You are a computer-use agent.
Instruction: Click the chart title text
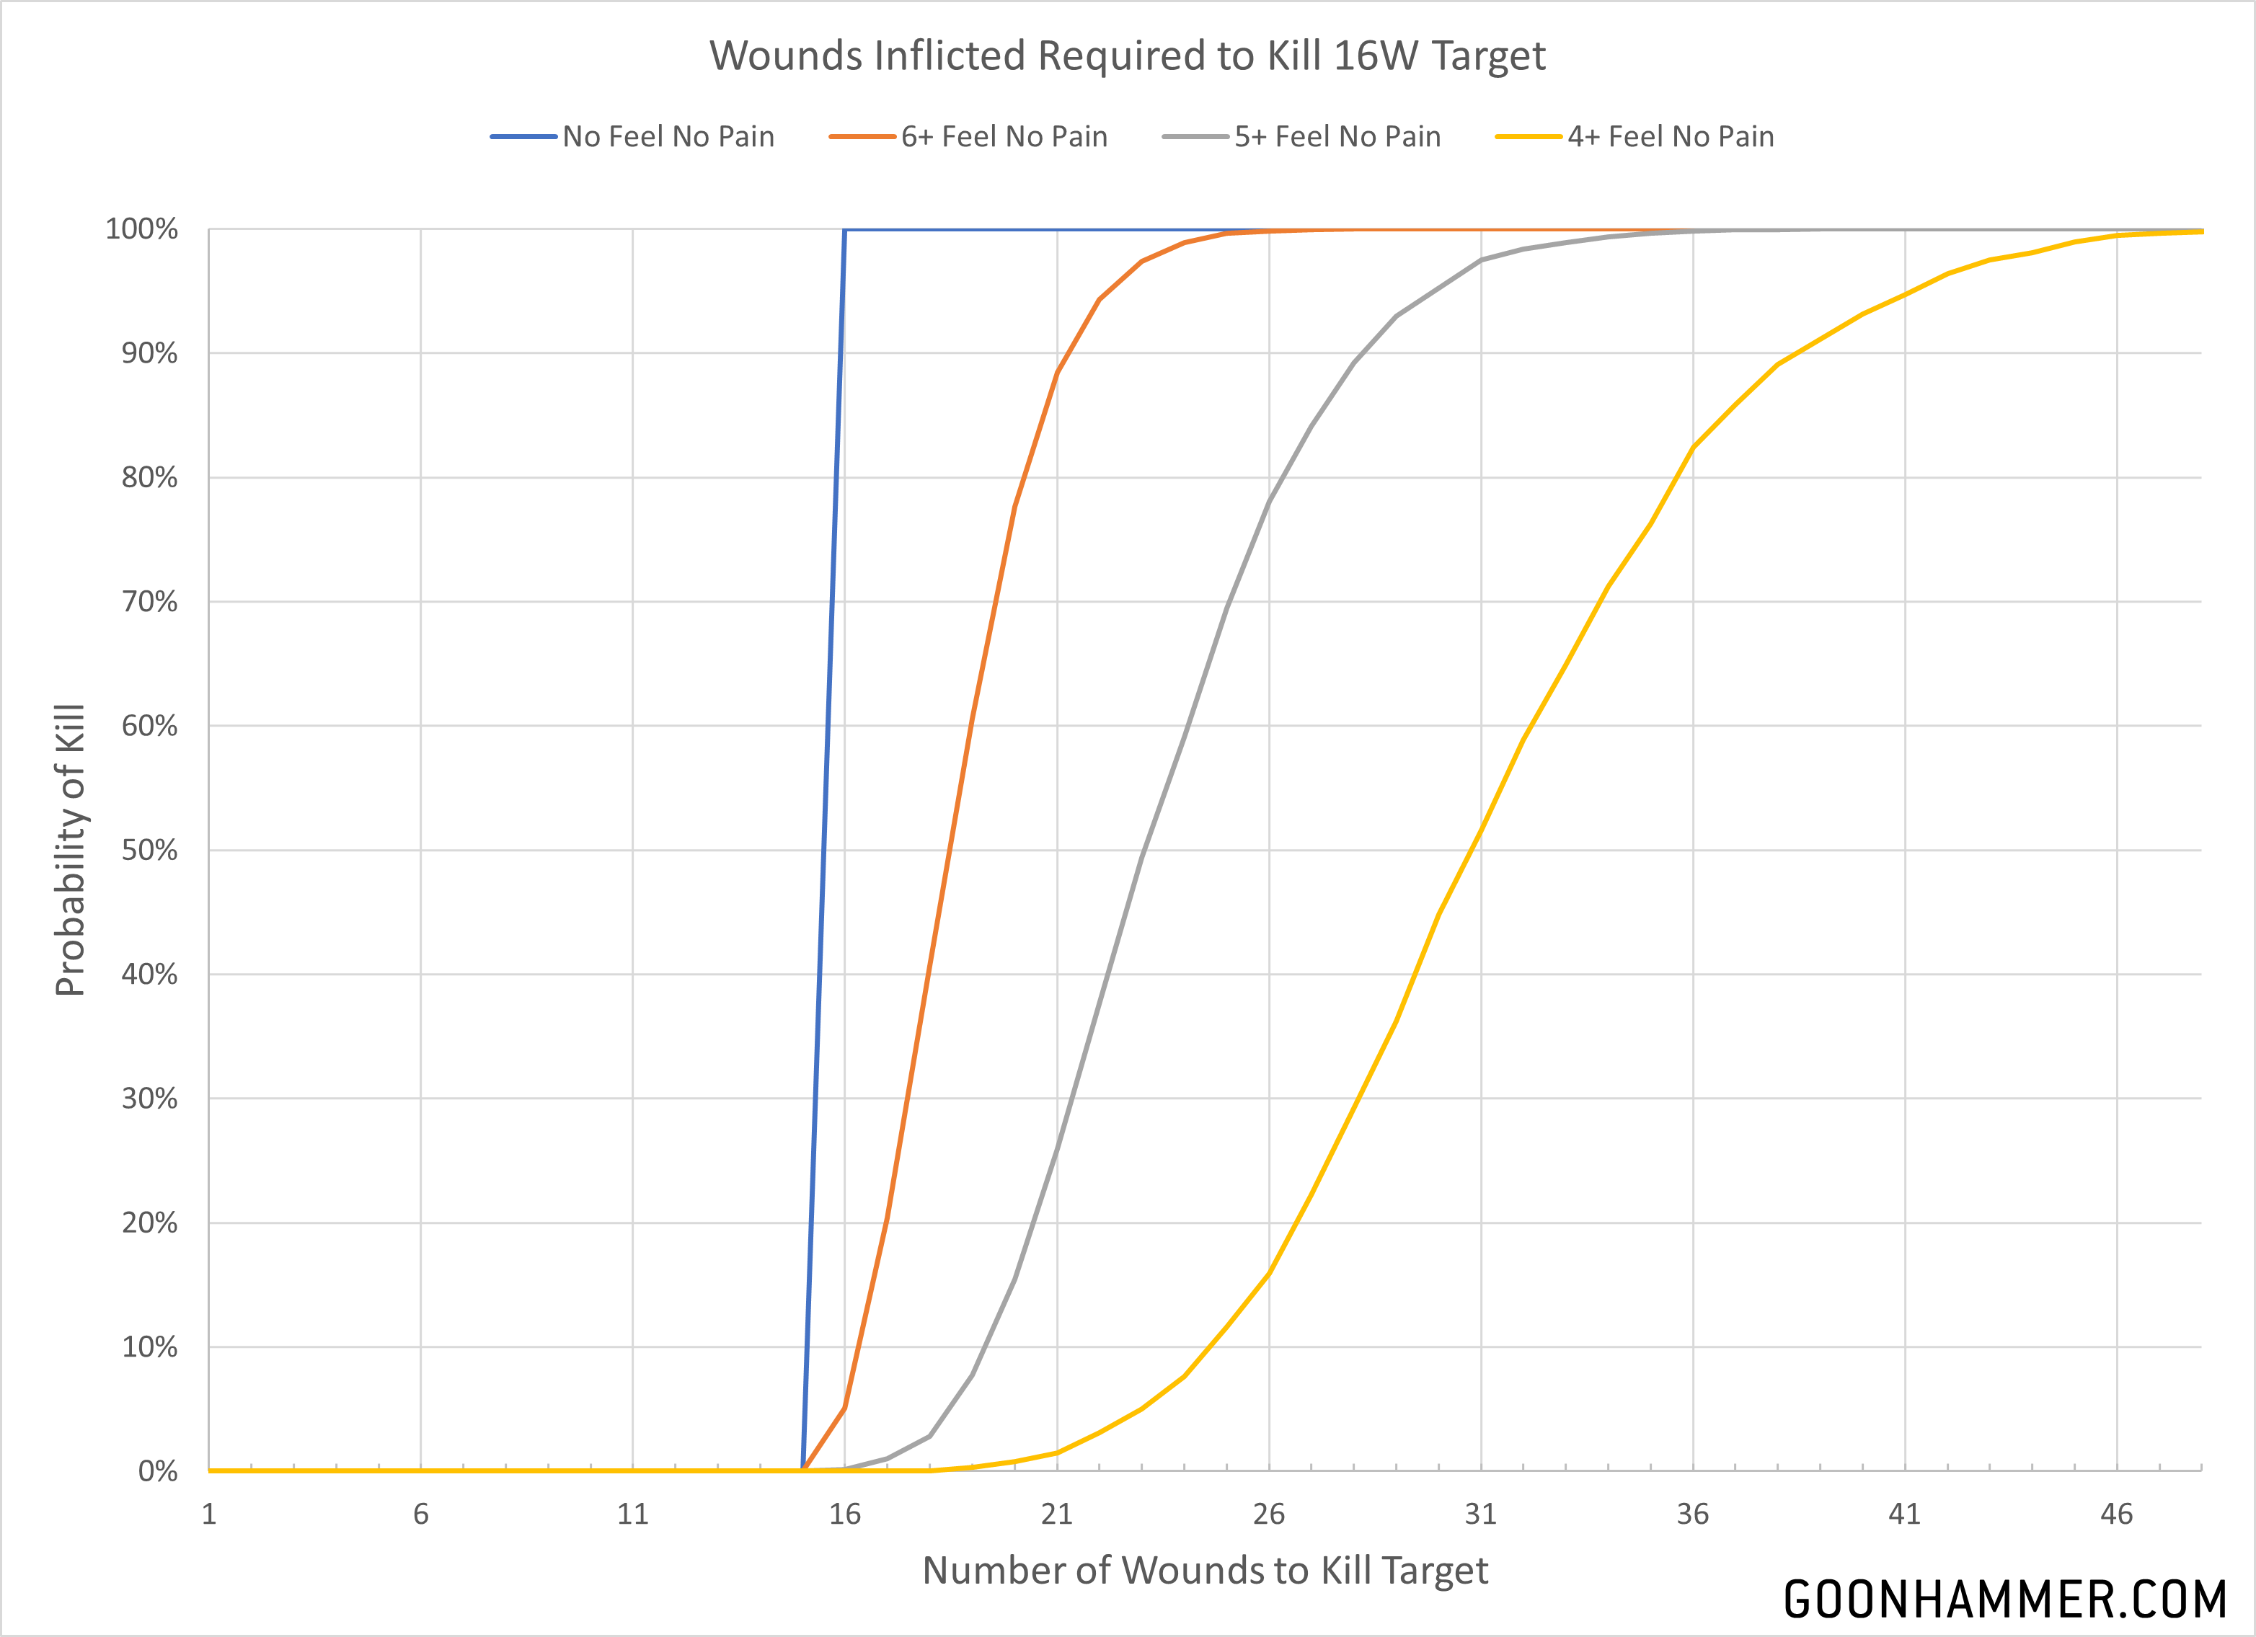click(x=1127, y=56)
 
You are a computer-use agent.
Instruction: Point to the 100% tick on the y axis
click(x=141, y=230)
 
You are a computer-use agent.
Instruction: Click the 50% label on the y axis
click(x=149, y=851)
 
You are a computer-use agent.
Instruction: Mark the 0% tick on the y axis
click(x=157, y=1471)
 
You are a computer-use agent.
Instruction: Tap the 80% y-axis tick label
click(x=149, y=477)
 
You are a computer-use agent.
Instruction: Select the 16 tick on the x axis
click(x=844, y=1514)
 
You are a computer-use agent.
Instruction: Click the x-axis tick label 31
click(x=1480, y=1514)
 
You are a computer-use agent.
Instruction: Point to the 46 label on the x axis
click(x=2115, y=1514)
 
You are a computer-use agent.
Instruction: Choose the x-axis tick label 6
click(x=421, y=1514)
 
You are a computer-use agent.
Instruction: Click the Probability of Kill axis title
click(x=71, y=851)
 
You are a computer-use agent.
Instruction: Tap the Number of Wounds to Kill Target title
click(x=1205, y=1571)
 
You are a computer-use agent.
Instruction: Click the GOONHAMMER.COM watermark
click(x=2004, y=1600)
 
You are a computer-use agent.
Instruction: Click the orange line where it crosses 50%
click(x=951, y=851)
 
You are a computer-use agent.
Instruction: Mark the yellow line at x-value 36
click(x=1693, y=448)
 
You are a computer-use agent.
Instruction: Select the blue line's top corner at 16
click(x=844, y=231)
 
